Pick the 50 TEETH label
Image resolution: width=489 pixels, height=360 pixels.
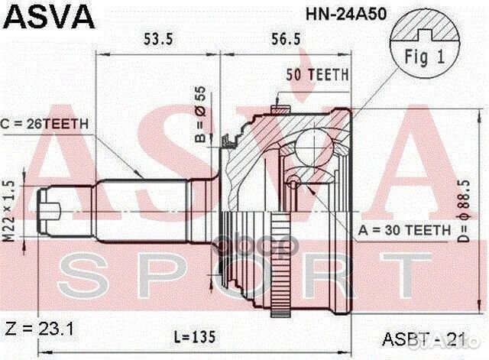tap(318, 75)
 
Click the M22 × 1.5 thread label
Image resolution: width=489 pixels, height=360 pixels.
tap(10, 207)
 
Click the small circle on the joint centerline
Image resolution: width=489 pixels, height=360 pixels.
tap(293, 183)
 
